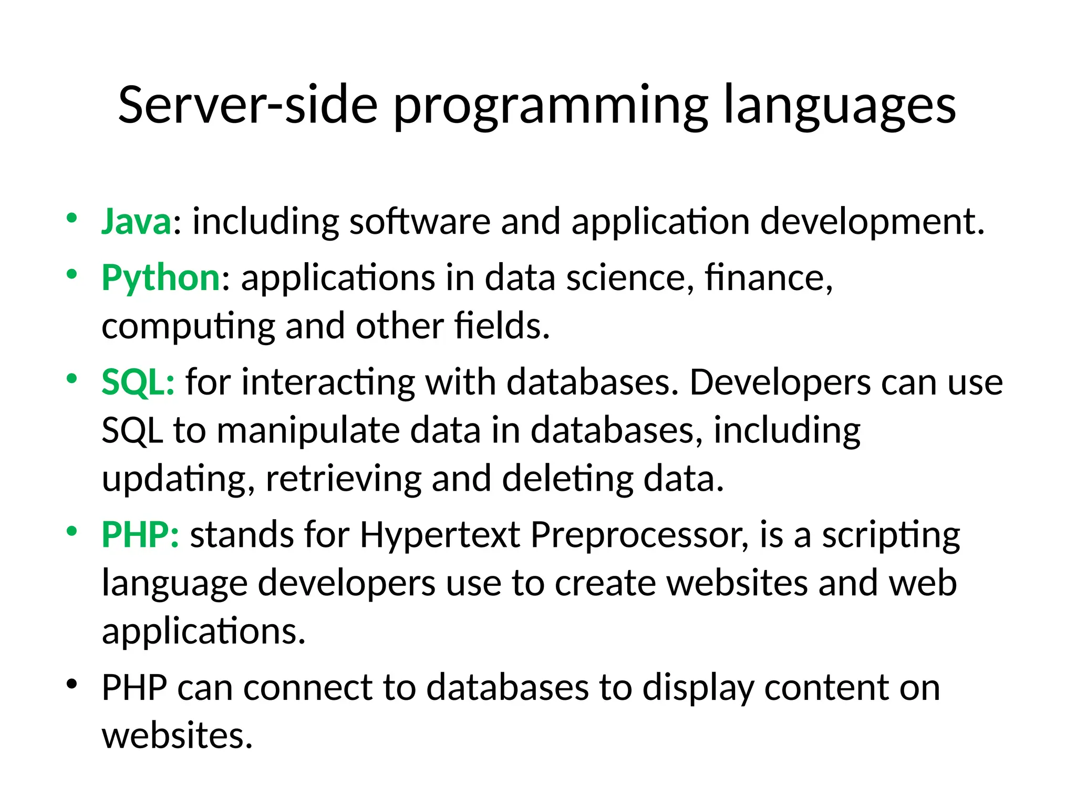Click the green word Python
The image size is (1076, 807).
(x=161, y=277)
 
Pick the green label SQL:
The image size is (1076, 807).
(x=138, y=382)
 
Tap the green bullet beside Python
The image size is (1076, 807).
(x=72, y=274)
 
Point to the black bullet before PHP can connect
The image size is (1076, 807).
(x=72, y=684)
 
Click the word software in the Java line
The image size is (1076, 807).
(x=420, y=221)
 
